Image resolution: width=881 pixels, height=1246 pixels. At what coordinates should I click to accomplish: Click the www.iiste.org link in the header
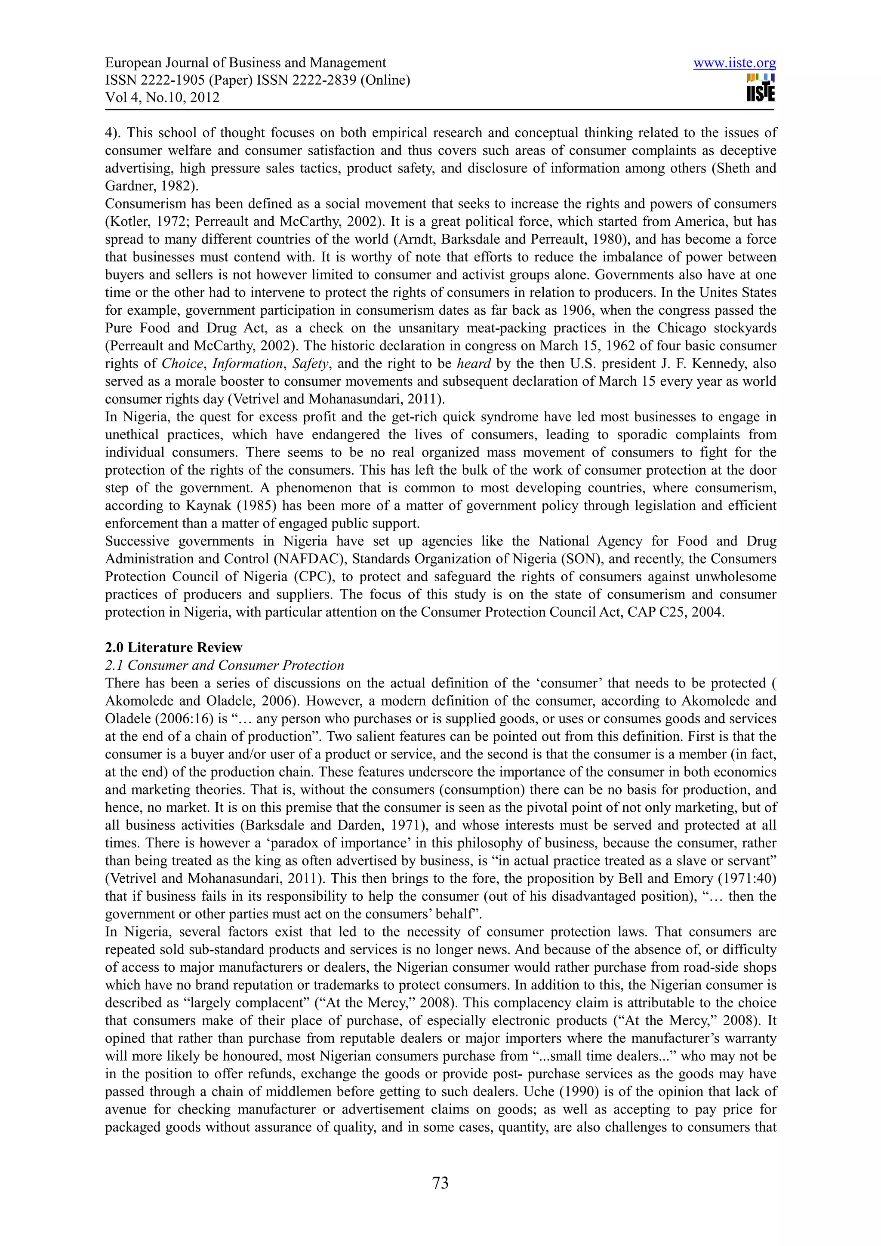(x=734, y=63)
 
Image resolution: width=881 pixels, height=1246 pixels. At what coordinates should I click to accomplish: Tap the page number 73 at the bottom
(x=440, y=1182)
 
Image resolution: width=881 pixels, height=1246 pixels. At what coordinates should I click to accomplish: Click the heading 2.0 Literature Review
(x=174, y=648)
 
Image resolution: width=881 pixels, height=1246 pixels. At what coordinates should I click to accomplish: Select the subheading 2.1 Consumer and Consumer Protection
(x=225, y=665)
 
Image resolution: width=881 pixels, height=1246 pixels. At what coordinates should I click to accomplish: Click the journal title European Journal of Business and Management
(x=245, y=63)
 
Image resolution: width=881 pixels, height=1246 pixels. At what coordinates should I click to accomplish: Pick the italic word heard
(x=474, y=364)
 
